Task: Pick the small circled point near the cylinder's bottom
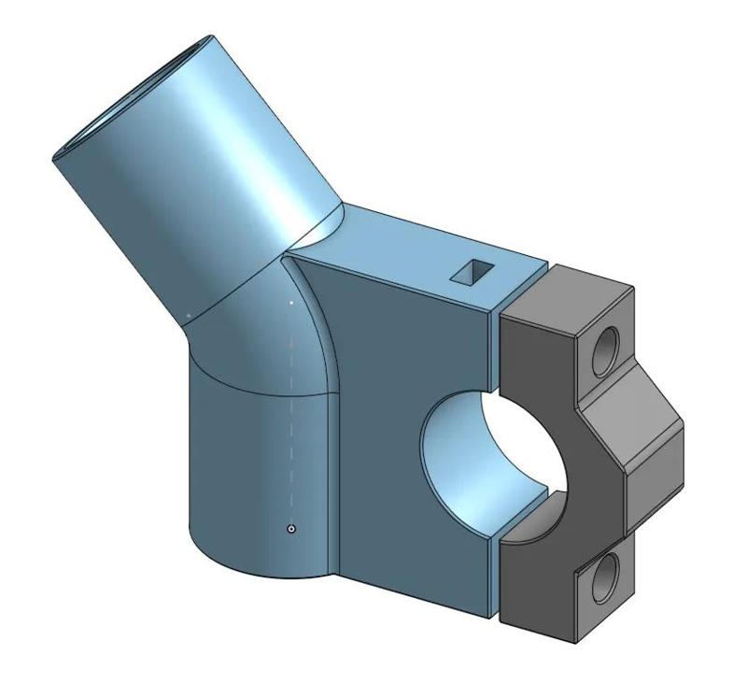point(292,530)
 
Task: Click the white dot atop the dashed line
point(293,304)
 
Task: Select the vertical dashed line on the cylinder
point(293,420)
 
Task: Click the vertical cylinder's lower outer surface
point(243,486)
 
